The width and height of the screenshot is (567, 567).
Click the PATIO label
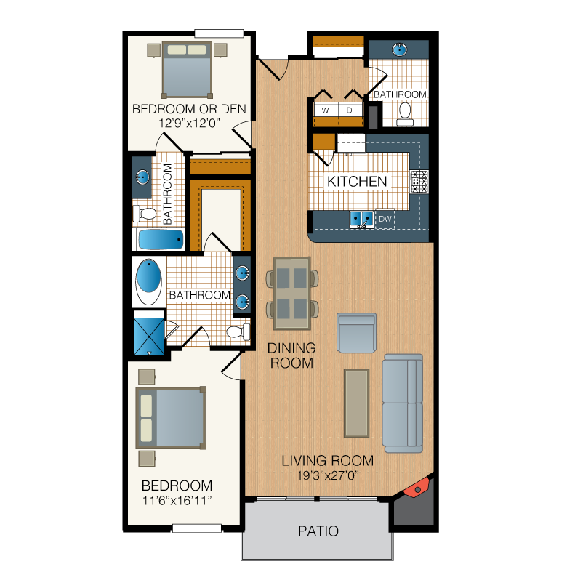[x=318, y=531]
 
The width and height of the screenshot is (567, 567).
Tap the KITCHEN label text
[x=357, y=182]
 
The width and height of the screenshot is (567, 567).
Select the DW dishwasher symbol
[x=385, y=219]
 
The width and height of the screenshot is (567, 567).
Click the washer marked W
[x=326, y=110]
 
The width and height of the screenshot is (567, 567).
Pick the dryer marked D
[x=350, y=110]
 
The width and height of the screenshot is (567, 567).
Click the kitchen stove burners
[x=419, y=182]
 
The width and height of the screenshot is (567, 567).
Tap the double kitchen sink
[x=361, y=219]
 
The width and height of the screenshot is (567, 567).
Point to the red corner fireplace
[x=417, y=488]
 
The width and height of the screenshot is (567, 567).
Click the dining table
[x=291, y=293]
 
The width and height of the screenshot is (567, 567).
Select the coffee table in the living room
[x=356, y=403]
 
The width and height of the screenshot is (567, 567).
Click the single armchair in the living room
[x=356, y=333]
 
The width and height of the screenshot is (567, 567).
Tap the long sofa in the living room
[x=403, y=403]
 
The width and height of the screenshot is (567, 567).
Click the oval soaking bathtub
[x=148, y=282]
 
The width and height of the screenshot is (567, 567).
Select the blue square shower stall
[x=149, y=336]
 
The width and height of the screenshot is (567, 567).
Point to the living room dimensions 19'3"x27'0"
[x=328, y=475]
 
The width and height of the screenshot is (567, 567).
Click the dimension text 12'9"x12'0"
[x=189, y=124]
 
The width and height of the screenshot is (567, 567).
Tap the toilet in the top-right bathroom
[x=405, y=115]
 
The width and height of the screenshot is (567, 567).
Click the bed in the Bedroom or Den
[x=187, y=70]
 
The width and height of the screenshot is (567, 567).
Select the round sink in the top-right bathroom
[x=399, y=49]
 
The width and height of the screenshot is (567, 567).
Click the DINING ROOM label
[x=291, y=355]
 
